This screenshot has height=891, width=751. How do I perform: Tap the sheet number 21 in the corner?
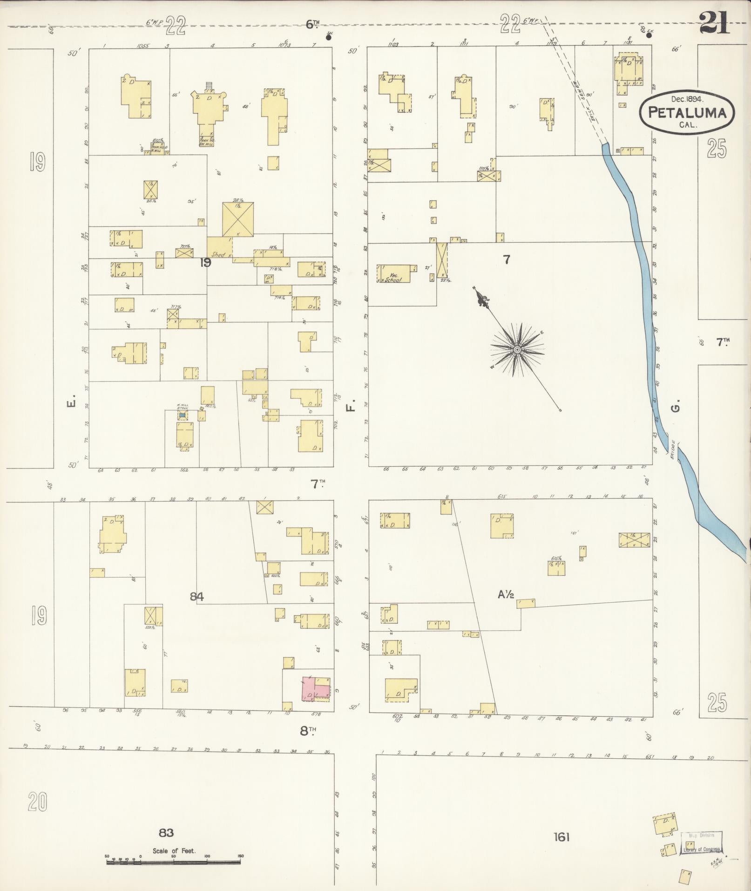[714, 23]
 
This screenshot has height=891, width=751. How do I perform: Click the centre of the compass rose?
[517, 349]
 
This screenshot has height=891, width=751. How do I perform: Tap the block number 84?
[196, 596]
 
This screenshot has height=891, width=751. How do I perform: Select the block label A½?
[506, 594]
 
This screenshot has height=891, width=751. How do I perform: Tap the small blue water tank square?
[183, 415]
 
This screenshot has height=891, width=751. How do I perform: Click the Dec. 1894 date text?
[687, 99]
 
